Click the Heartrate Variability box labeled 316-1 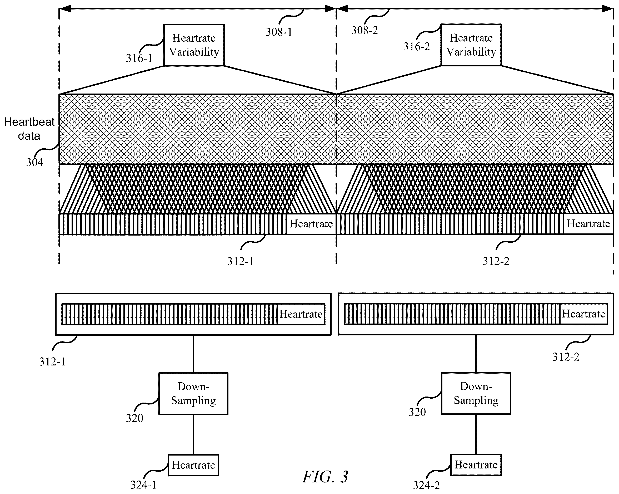pos(194,45)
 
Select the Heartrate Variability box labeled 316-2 pos(471,45)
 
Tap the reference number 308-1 pos(279,32)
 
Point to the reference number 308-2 pos(365,30)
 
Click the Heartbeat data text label pos(29,129)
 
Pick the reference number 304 pos(34,162)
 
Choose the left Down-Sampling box pos(193,394)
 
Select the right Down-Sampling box pos(476,393)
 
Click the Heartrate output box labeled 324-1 pos(193,465)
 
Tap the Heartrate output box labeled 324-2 pos(476,465)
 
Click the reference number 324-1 pos(143,485)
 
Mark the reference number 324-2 pos(426,485)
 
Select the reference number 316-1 pos(139,58)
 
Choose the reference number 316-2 pos(417,46)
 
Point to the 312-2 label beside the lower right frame pos(566,357)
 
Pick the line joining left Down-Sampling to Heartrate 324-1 pos(193,434)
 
